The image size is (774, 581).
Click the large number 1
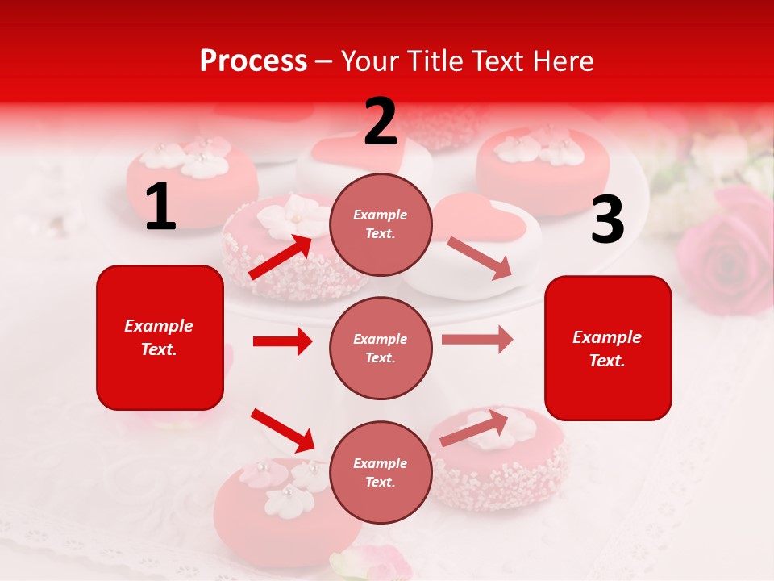coord(160,207)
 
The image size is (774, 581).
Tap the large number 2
coord(381,122)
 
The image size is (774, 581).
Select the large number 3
coord(607,220)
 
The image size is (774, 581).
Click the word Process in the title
coord(253,61)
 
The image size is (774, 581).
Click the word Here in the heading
coord(562,61)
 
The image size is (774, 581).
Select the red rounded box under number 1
coord(160,337)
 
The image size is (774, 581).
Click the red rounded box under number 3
coord(608,348)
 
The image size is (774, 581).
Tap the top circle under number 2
coord(381,224)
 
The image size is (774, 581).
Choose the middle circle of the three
coord(381,348)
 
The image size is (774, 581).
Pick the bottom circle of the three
coord(381,472)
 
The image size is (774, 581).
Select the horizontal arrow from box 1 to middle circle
coord(282,341)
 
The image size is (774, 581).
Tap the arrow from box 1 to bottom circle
coord(282,430)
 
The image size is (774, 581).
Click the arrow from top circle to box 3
coord(480,258)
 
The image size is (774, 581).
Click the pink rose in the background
coord(726,254)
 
